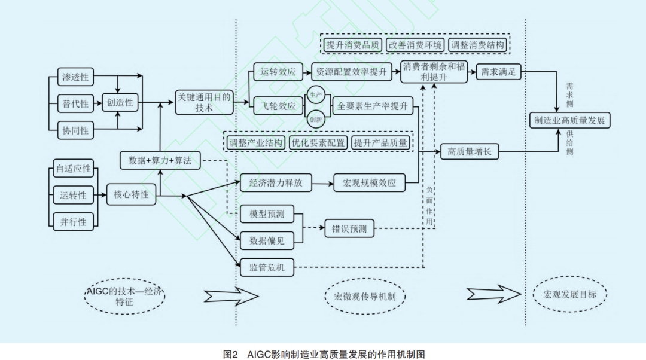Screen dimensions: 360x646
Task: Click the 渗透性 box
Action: (76, 77)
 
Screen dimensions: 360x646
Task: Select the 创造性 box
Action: (120, 103)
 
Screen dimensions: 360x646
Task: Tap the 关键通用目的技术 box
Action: (203, 102)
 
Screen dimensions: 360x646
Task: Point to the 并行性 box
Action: (73, 222)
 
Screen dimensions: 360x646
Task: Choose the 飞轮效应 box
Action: (278, 106)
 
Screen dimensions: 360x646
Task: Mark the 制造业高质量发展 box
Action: (570, 120)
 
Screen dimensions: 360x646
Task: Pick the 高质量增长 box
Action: (469, 152)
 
